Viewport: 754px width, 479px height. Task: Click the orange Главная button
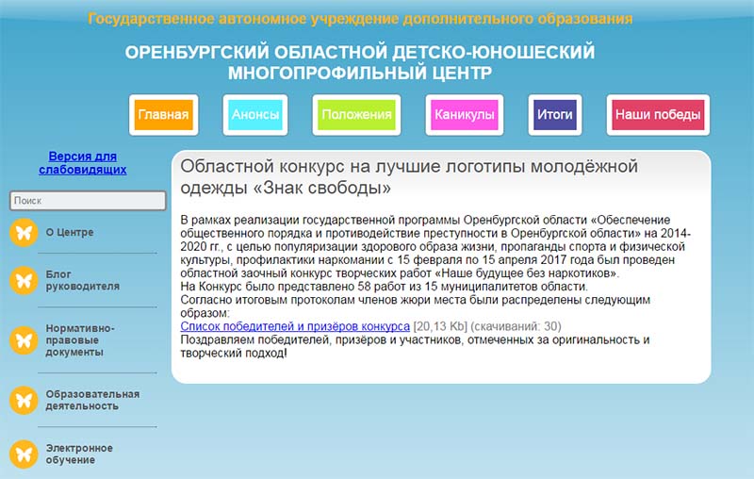[x=163, y=115]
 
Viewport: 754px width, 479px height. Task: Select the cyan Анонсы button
[x=255, y=115]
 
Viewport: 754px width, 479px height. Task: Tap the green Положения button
[x=356, y=115]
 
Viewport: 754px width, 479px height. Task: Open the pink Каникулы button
[x=465, y=115]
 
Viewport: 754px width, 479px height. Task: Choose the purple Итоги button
[x=555, y=115]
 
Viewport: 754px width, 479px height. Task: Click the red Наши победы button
[x=658, y=115]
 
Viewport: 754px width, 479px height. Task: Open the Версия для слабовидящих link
[x=83, y=163]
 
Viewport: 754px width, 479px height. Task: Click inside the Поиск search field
[x=88, y=201]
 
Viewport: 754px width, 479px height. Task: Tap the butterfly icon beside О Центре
[x=24, y=233]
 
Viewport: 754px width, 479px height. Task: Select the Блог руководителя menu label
[x=83, y=280]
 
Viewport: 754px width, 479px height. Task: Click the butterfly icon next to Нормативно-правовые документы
[x=24, y=340]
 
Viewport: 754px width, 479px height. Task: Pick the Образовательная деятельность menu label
[x=92, y=400]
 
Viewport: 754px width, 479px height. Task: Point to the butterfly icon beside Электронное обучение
[x=24, y=454]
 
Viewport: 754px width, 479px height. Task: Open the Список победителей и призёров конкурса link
[x=295, y=326]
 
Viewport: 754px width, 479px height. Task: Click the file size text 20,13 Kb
[x=440, y=326]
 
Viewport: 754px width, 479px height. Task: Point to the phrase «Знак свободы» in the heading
[x=322, y=188]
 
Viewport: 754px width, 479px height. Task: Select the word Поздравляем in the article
[x=218, y=340]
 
